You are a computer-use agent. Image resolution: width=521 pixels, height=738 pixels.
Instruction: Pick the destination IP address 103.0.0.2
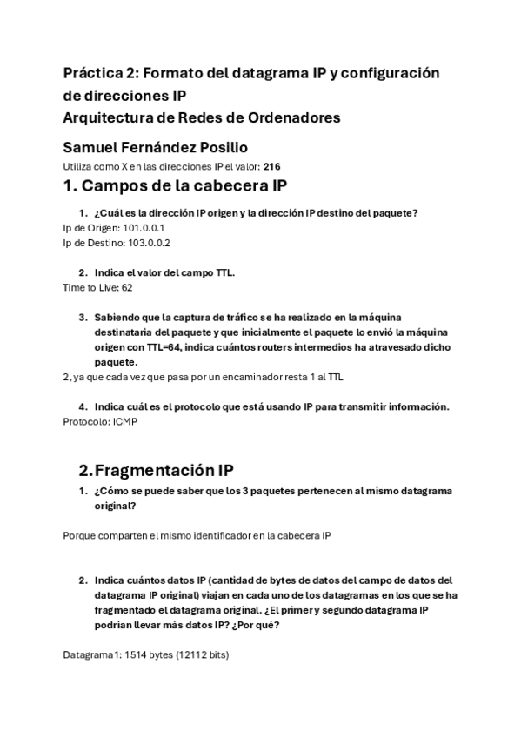click(144, 243)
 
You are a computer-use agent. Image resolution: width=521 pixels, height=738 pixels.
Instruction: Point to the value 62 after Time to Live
click(127, 286)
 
